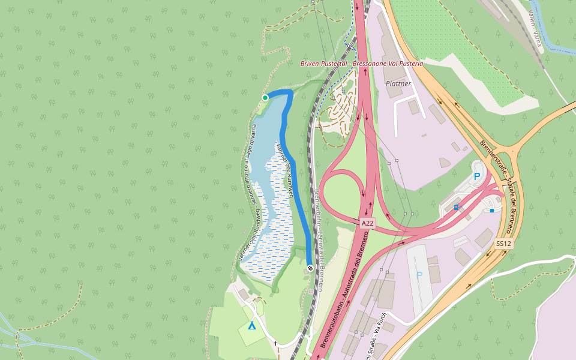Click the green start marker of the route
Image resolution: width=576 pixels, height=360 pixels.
(265, 97)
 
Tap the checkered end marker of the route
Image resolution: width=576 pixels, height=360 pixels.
(310, 268)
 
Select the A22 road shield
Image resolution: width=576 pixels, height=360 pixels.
(368, 223)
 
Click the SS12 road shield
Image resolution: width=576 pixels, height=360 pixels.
(503, 244)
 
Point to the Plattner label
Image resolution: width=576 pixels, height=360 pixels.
(398, 83)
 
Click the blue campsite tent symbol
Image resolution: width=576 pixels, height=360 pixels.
(252, 326)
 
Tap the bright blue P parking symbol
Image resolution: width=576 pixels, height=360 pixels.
(477, 176)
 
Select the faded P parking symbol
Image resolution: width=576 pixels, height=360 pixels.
(419, 275)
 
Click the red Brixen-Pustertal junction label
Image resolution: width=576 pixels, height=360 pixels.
(362, 63)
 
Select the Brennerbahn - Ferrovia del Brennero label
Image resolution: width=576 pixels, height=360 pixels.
(318, 240)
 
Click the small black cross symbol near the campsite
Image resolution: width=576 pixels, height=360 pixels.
(275, 344)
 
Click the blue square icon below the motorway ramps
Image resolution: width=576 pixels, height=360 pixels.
(492, 211)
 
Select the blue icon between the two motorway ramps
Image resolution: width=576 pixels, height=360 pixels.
(456, 207)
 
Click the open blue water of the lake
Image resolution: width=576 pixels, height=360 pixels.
(266, 126)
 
